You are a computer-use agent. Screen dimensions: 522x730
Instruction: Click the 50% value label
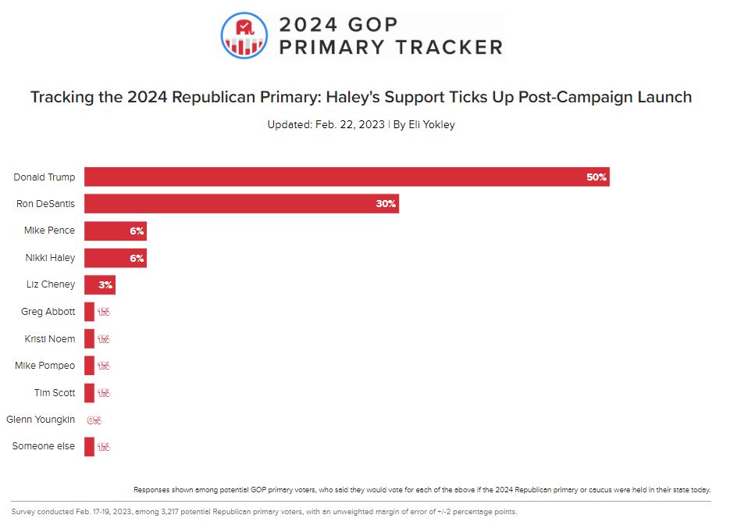point(596,177)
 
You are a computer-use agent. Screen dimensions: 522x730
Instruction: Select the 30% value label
point(386,204)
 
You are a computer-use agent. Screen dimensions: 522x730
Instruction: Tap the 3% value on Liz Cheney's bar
point(105,285)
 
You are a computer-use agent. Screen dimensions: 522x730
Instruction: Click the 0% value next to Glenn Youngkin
point(94,420)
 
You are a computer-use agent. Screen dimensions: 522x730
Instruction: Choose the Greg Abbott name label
point(48,312)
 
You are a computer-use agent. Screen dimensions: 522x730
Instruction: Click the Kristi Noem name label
point(48,339)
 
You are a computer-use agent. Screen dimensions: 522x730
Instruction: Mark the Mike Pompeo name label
point(45,366)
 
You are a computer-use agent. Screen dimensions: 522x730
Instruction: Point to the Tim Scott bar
point(89,393)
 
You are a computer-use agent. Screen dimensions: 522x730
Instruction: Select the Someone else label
point(44,446)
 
